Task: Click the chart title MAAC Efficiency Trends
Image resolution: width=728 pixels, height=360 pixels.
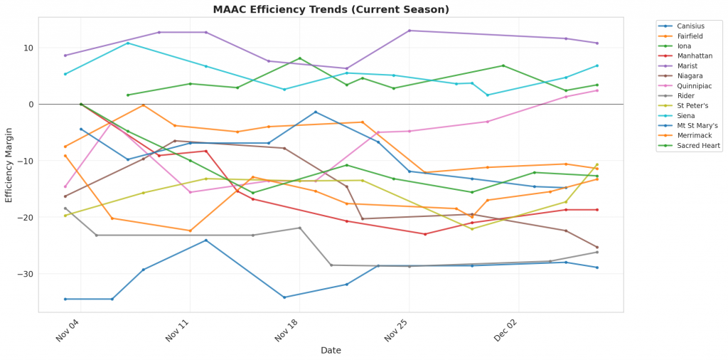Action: (331, 9)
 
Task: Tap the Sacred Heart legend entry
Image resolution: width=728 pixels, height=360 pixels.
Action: (699, 145)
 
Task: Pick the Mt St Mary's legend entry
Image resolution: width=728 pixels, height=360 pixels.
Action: (697, 125)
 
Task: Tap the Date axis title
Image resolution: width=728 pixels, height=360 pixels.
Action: (331, 350)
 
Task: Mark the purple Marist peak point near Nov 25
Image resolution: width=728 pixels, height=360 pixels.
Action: (409, 31)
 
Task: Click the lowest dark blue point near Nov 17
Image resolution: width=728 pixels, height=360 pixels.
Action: (284, 297)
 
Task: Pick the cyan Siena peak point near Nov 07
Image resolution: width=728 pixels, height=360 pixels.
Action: (128, 43)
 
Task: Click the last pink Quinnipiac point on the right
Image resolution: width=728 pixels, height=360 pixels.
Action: (597, 90)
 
